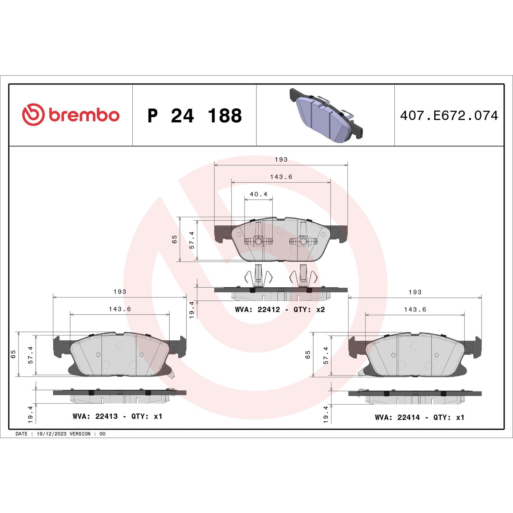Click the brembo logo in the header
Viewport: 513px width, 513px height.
71,115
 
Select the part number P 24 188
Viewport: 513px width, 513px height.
194,116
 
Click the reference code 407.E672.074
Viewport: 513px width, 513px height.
449,116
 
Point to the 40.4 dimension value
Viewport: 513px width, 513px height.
259,194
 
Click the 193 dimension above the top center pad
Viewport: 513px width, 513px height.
281,160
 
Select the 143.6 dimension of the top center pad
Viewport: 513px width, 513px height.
281,177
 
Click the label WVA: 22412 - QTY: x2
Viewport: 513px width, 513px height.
280,310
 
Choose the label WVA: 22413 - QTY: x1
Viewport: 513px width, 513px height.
117,416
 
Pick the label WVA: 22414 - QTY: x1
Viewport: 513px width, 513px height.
419,417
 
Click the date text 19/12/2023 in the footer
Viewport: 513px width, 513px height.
51,434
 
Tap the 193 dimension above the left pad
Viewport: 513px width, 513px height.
120,292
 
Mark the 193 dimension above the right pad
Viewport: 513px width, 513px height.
415,292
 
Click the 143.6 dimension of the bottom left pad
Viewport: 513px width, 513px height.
120,309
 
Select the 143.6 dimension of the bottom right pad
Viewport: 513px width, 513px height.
415,310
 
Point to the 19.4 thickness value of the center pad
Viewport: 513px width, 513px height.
192,310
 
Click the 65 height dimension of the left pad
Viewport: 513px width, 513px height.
13,354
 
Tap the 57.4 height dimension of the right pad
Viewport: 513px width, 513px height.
326,355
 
